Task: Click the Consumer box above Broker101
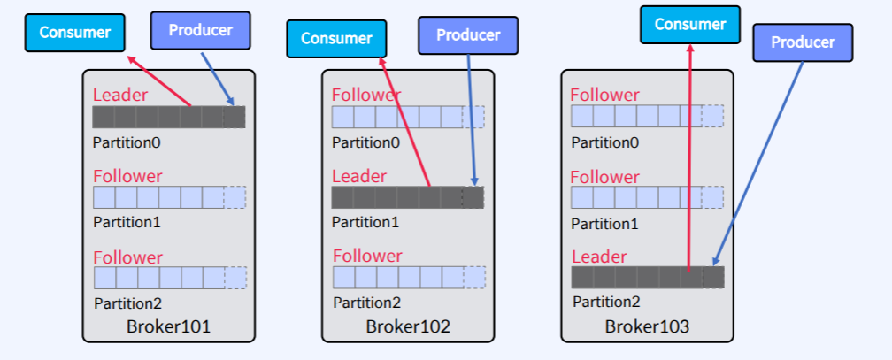[x=74, y=33]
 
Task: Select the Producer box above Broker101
[x=201, y=30]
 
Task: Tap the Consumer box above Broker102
[x=336, y=38]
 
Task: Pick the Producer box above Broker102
[x=468, y=35]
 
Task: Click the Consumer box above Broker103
[x=689, y=24]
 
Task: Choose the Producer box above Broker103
[x=803, y=42]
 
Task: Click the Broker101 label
[x=168, y=326]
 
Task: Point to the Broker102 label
[x=408, y=326]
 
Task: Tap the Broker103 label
[x=647, y=326]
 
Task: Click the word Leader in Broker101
[x=120, y=95]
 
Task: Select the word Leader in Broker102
[x=359, y=176]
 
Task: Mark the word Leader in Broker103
[x=599, y=257]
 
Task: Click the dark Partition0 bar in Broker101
[x=168, y=117]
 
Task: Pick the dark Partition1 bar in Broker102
[x=407, y=197]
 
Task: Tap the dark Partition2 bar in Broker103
[x=647, y=278]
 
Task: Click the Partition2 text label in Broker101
[x=128, y=303]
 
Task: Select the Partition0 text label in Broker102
[x=365, y=142]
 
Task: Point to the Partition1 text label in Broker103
[x=605, y=222]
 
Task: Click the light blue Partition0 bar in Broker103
[x=647, y=116]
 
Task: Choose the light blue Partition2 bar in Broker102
[x=408, y=278]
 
